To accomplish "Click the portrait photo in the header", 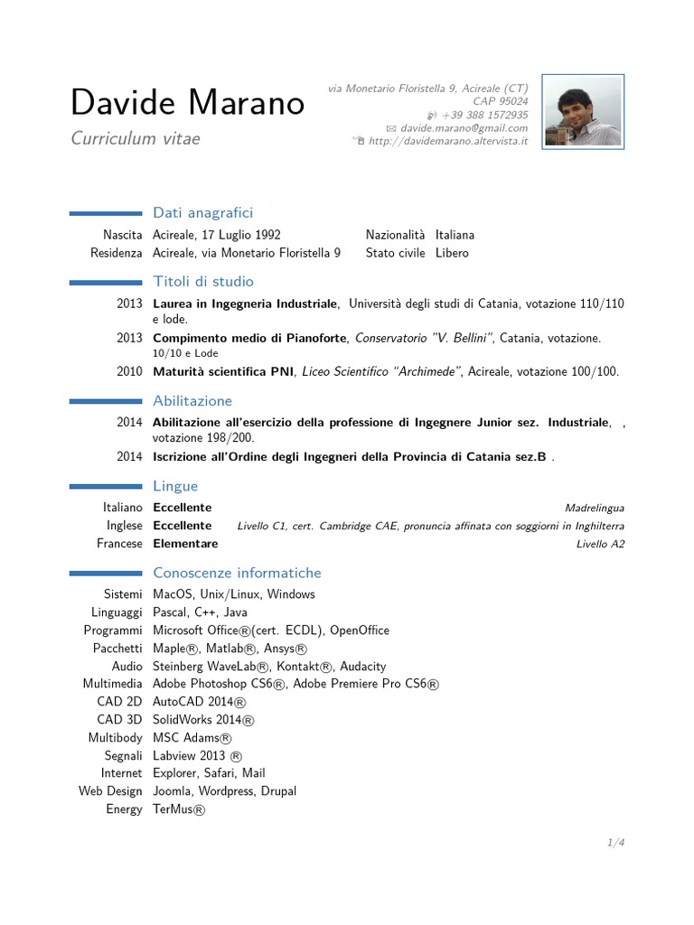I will tap(583, 111).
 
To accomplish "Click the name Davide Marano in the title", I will tap(187, 104).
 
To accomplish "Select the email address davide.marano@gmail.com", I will tap(464, 128).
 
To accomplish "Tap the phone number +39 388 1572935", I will tap(484, 116).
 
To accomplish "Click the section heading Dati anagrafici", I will tap(203, 213).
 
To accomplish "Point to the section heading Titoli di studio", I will tap(203, 282).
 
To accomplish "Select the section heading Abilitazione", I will tap(192, 401).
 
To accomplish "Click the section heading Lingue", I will tap(175, 487).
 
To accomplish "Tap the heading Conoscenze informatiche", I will tap(237, 574).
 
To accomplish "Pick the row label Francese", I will tap(119, 544).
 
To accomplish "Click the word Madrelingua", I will tap(594, 508).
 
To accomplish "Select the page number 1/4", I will tap(616, 843).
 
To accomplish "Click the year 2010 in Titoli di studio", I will tap(129, 371).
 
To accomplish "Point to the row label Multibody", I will tap(115, 738).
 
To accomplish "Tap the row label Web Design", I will tap(110, 791).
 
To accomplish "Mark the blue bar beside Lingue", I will tap(106, 487).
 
